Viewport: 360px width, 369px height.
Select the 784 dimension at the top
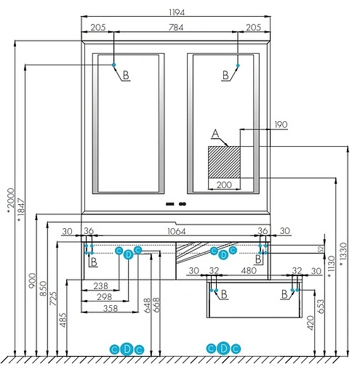(x=176, y=28)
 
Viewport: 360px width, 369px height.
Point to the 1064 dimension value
(x=176, y=231)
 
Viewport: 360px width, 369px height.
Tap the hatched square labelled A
(x=224, y=161)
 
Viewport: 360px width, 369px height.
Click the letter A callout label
(x=215, y=134)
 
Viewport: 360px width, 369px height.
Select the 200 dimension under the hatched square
(x=224, y=185)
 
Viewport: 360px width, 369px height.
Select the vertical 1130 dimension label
(x=330, y=267)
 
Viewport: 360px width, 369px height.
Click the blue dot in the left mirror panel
(x=115, y=65)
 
